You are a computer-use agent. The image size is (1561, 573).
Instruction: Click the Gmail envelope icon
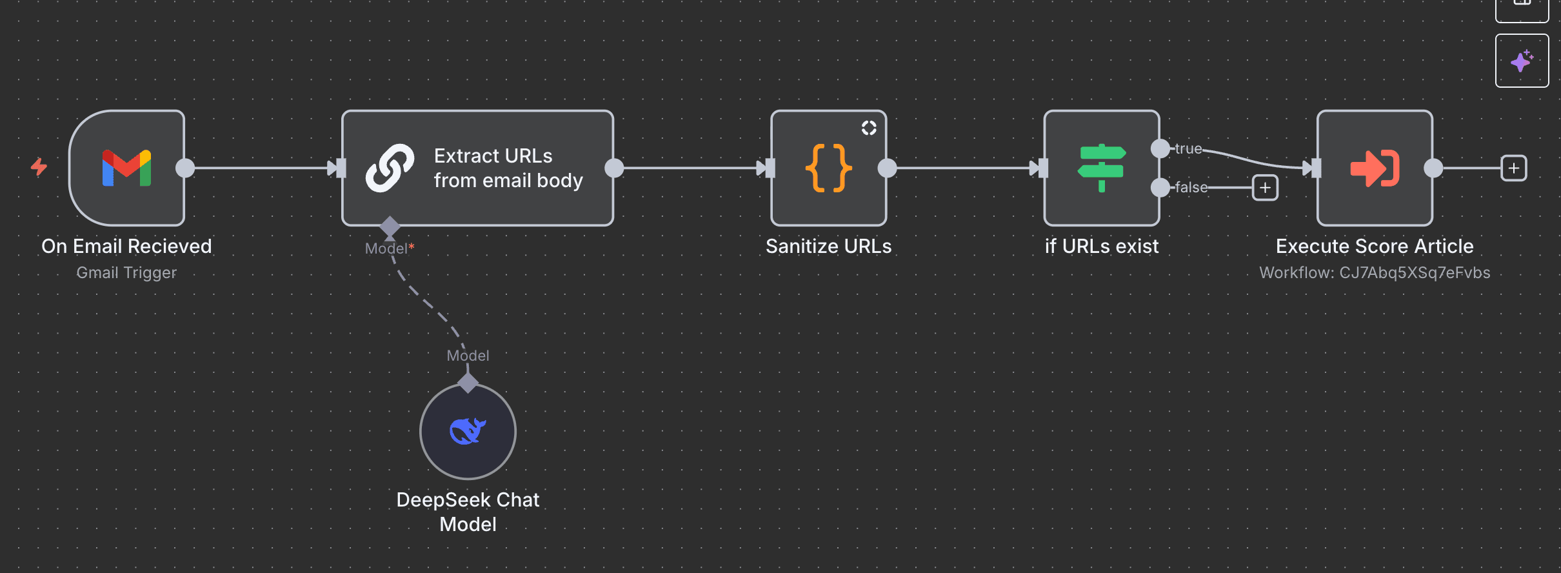point(126,168)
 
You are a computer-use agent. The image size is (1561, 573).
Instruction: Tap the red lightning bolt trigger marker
point(39,167)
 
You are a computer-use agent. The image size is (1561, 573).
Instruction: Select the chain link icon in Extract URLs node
point(390,168)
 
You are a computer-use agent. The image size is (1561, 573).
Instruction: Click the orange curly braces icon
point(828,168)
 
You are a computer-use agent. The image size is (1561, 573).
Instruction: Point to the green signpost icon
point(1101,168)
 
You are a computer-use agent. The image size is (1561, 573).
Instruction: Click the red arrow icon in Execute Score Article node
point(1375,168)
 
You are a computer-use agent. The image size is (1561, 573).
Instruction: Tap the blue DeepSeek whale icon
point(468,431)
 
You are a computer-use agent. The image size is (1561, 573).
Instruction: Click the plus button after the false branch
point(1265,188)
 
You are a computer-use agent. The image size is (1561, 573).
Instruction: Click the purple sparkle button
point(1522,61)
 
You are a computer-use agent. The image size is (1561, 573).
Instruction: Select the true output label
point(1188,148)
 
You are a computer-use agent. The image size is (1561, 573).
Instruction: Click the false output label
point(1191,187)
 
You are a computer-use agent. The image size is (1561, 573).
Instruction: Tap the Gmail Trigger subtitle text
point(126,272)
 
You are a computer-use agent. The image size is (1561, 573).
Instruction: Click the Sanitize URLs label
point(828,246)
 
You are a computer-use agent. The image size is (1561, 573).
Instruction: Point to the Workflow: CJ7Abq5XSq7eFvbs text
point(1375,272)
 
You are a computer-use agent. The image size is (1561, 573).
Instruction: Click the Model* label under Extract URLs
point(389,248)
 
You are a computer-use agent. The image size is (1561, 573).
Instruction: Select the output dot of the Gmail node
point(185,168)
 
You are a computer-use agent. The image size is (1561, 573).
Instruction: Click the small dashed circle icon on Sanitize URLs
point(869,128)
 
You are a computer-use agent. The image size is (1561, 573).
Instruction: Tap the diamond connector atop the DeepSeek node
point(468,383)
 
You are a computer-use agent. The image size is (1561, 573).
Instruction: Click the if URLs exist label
point(1101,246)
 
